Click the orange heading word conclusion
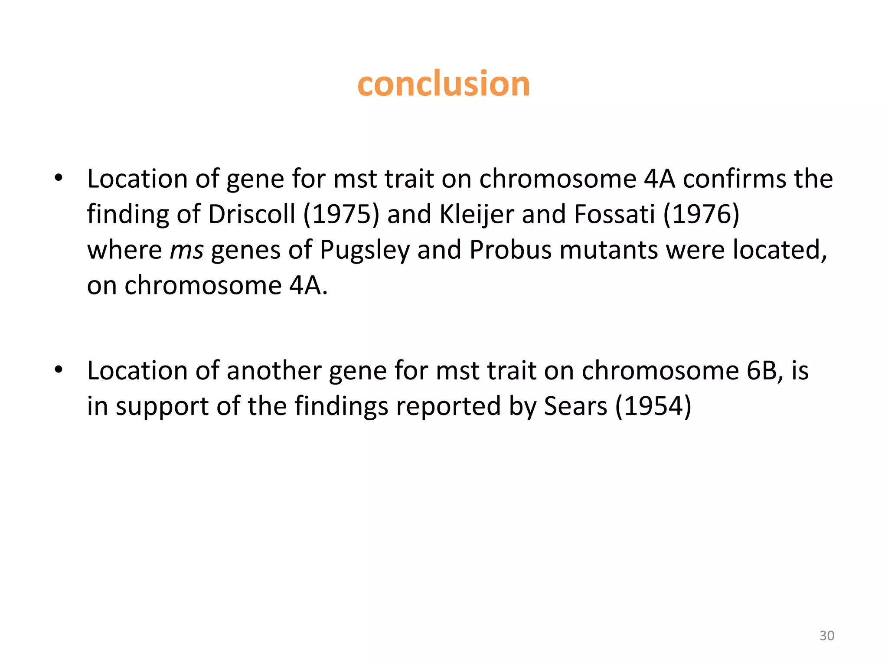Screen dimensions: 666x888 click(x=444, y=84)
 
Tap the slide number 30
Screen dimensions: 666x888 click(x=827, y=635)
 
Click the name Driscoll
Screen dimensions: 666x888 click(x=251, y=214)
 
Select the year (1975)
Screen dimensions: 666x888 click(x=341, y=214)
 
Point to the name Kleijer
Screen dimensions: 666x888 click(x=477, y=215)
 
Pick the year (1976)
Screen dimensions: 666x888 click(x=701, y=214)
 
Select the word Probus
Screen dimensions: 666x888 click(x=510, y=251)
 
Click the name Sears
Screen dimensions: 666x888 click(x=575, y=407)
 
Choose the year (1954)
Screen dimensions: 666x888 click(x=653, y=407)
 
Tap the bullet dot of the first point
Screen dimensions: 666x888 click(x=59, y=178)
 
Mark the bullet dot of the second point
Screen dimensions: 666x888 click(x=59, y=370)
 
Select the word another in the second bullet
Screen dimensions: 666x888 click(x=274, y=371)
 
